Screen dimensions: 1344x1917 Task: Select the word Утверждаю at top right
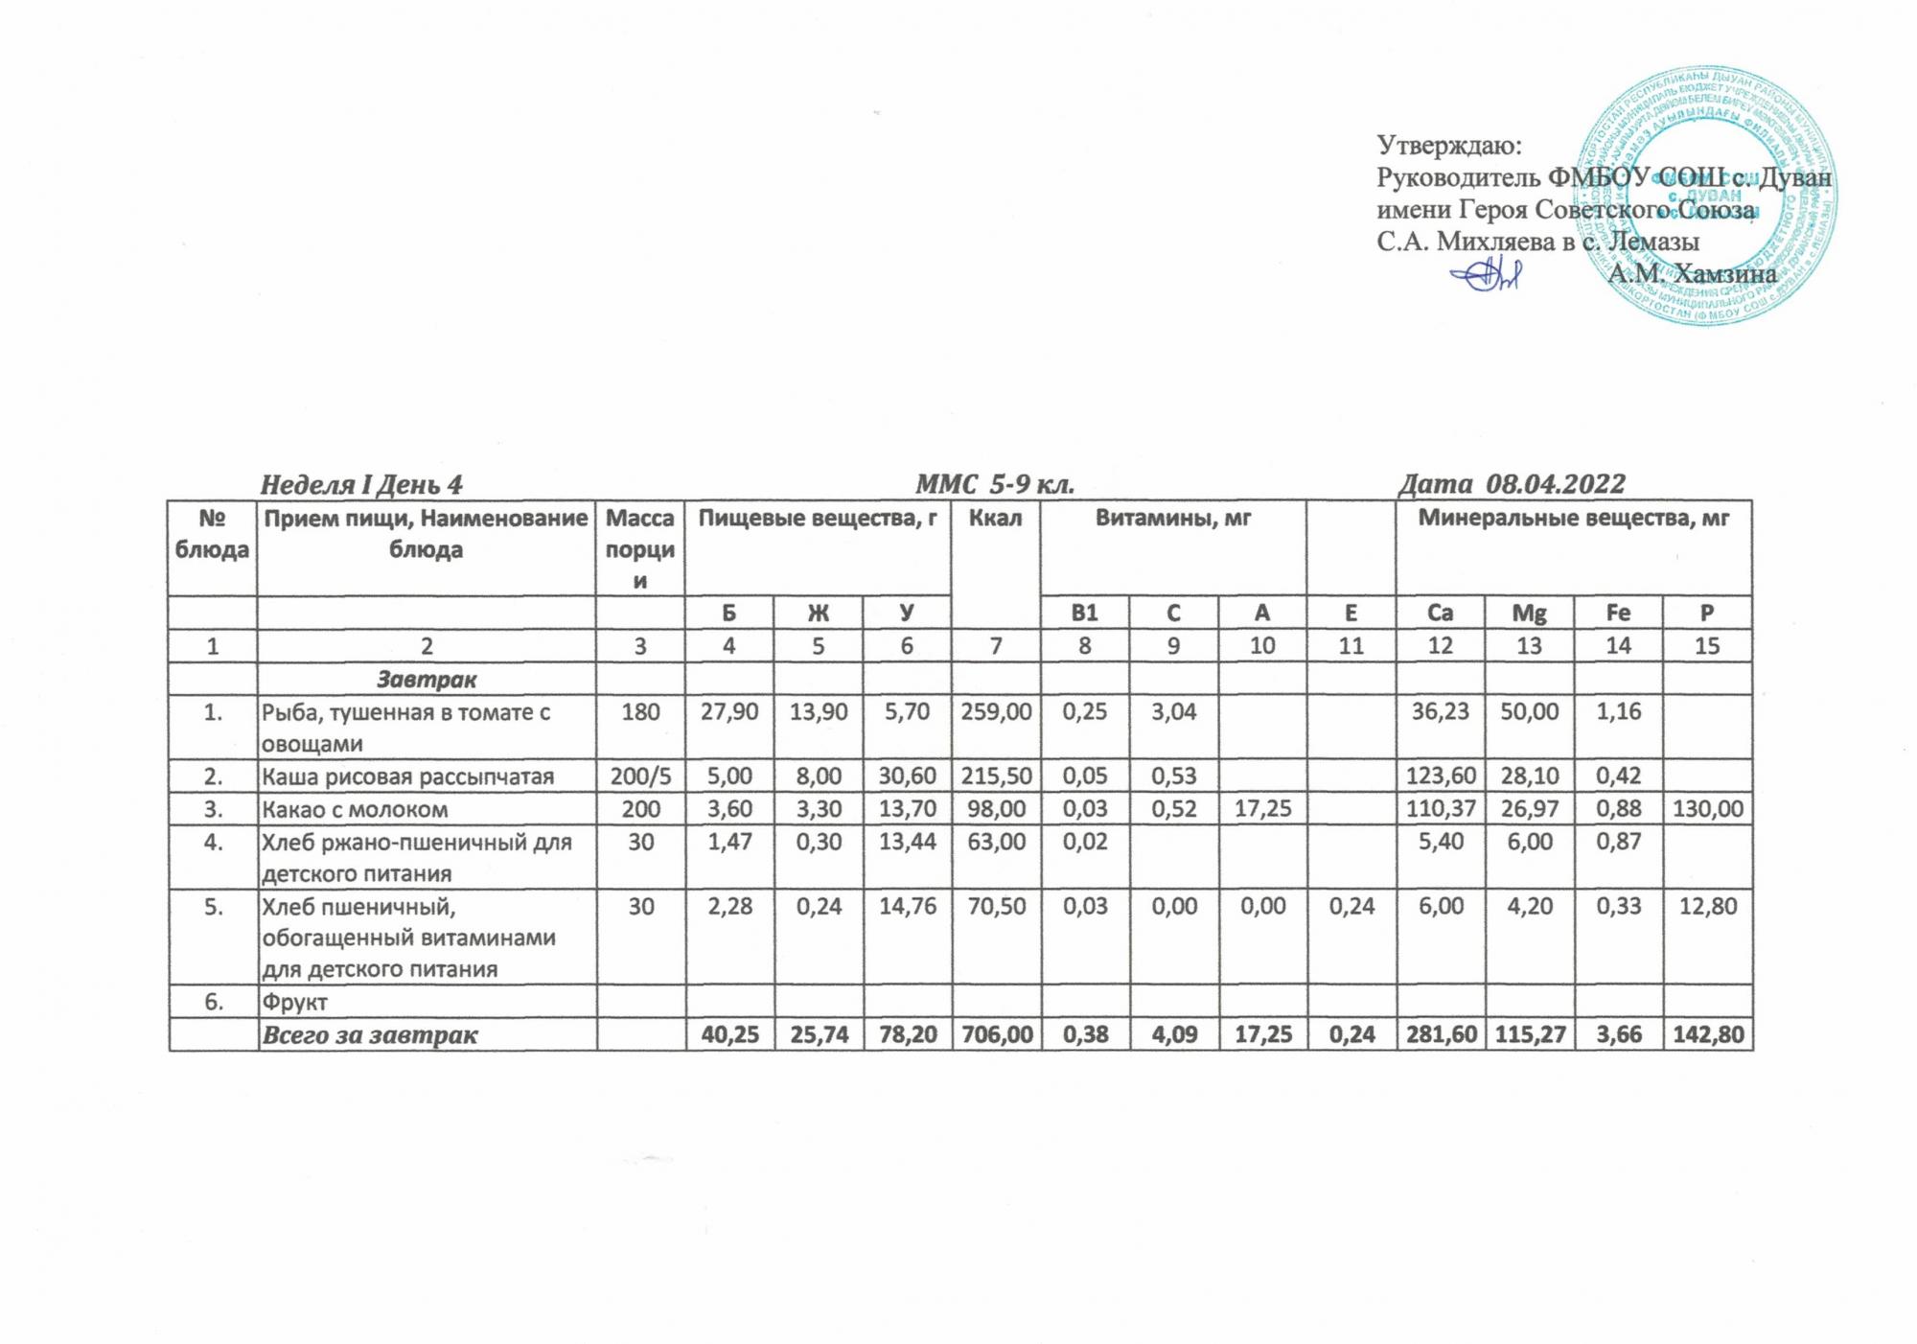click(x=1449, y=145)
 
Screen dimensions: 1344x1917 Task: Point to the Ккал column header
click(x=995, y=519)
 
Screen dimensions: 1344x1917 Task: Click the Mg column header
click(x=1529, y=613)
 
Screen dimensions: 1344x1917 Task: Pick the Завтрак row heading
click(x=427, y=680)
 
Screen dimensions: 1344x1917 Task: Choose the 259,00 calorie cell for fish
click(x=996, y=712)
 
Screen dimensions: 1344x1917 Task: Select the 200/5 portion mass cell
click(x=640, y=776)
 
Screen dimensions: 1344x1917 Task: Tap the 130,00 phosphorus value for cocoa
click(x=1707, y=809)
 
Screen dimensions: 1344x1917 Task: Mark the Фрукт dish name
click(x=294, y=1003)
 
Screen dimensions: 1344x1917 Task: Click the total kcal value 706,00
click(x=996, y=1035)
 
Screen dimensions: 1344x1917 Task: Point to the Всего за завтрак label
click(x=370, y=1035)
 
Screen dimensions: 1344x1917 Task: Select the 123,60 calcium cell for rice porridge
click(x=1440, y=776)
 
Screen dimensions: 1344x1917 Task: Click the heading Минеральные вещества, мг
click(x=1573, y=519)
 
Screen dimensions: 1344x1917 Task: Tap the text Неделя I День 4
click(x=361, y=485)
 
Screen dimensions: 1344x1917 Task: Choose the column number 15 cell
click(x=1707, y=646)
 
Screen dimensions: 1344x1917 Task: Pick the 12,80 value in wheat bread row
click(x=1707, y=906)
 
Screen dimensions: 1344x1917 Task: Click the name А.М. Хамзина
click(x=1692, y=274)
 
